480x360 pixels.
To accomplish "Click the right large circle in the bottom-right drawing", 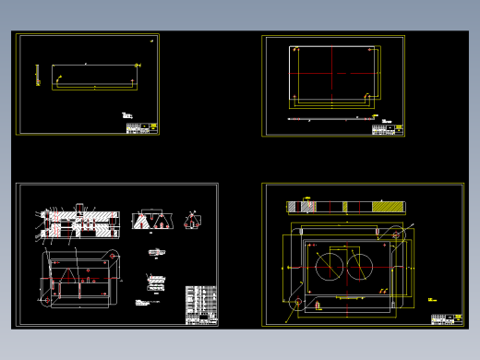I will point(359,266).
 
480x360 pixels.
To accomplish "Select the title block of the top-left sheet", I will point(140,128).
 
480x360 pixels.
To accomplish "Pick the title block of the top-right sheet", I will point(388,129).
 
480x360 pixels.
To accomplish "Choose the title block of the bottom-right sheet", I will point(445,319).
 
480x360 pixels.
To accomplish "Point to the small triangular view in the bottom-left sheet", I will point(192,219).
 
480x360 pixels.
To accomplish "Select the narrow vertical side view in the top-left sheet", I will point(38,75).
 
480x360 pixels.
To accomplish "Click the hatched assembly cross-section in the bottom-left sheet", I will point(79,220).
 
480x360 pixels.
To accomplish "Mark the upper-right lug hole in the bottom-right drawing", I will point(398,236).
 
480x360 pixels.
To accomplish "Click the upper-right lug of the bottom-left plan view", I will point(114,256).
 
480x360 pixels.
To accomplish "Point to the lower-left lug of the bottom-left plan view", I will point(47,297).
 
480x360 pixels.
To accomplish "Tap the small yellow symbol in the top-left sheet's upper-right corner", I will point(153,40).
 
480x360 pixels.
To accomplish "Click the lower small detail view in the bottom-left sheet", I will point(153,280).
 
